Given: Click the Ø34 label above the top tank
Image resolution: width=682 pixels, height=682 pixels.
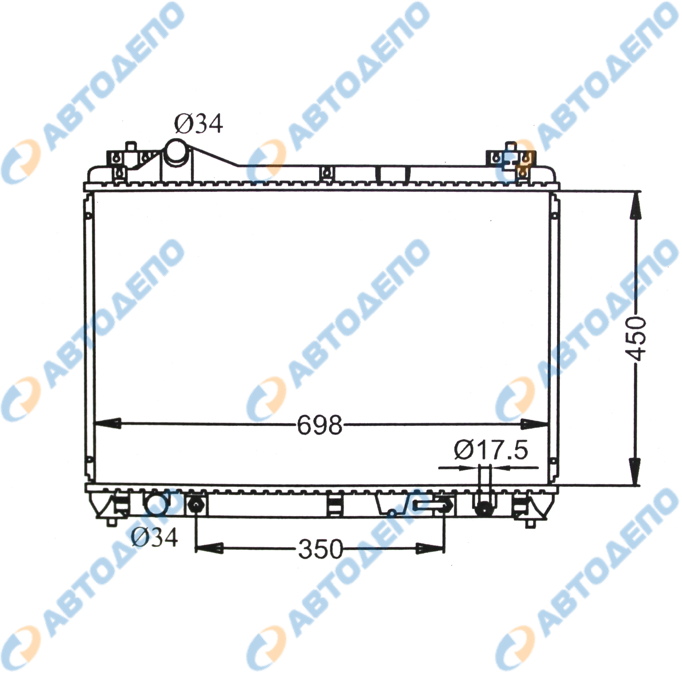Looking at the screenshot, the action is (199, 124).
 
